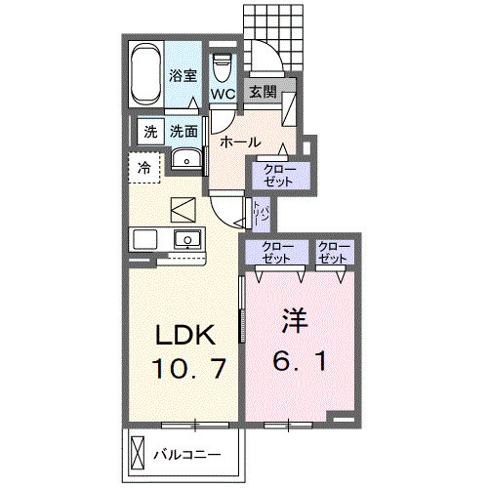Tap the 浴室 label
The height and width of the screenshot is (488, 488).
tap(182, 76)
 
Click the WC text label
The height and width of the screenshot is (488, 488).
tap(222, 95)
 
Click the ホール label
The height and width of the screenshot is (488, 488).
tap(239, 142)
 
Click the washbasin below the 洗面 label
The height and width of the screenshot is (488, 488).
tap(185, 160)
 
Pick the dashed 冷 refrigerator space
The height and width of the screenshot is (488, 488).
tap(144, 168)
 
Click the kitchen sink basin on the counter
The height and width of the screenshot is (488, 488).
tap(185, 239)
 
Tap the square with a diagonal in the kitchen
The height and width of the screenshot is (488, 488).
tap(183, 209)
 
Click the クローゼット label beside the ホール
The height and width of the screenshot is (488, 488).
tap(281, 174)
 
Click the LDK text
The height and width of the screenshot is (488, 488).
tap(180, 335)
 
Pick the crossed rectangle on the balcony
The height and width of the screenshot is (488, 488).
tap(137, 455)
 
